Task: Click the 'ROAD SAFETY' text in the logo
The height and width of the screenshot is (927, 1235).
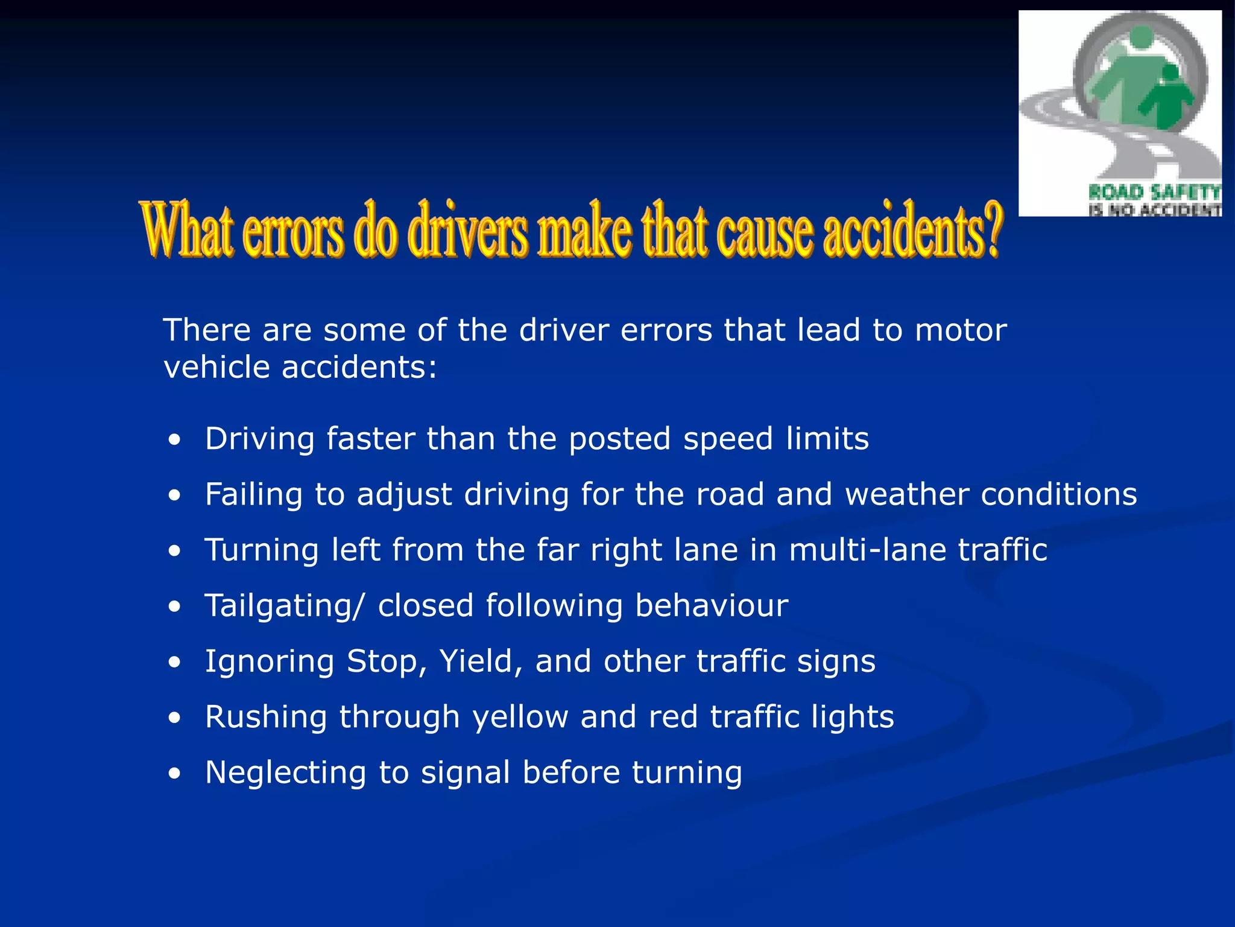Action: (1154, 193)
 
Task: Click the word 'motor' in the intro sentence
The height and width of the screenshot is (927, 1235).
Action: (961, 330)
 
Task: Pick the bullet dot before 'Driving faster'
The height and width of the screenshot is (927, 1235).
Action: (174, 440)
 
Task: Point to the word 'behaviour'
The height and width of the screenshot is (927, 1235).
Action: (712, 605)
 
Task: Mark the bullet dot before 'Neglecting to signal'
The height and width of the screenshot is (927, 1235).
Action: (174, 774)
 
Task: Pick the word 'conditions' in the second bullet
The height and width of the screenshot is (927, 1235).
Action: (1059, 494)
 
